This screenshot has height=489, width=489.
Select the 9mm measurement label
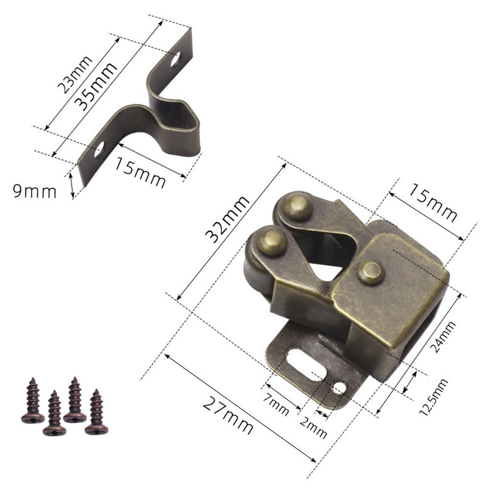click(x=34, y=191)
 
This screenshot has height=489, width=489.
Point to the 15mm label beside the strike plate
click(x=140, y=172)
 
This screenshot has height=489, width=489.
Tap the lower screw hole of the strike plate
click(x=99, y=149)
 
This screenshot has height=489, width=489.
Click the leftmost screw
click(x=33, y=400)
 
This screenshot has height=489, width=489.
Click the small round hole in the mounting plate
click(x=338, y=388)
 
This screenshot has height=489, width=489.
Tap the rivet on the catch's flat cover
click(x=371, y=272)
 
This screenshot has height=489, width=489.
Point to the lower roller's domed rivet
click(x=272, y=241)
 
